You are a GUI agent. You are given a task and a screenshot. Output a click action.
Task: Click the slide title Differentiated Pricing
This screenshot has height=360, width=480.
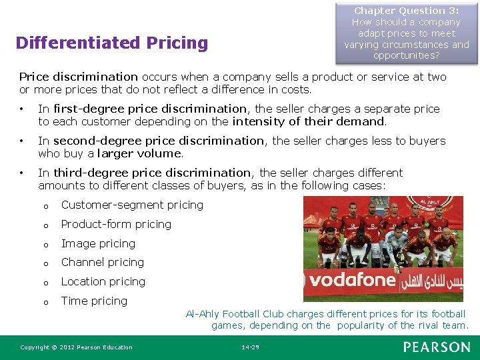coord(111,43)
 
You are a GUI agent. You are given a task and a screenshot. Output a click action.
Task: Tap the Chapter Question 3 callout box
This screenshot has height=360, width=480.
coord(406,33)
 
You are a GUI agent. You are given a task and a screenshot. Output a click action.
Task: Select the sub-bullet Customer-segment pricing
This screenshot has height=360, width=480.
coord(132,205)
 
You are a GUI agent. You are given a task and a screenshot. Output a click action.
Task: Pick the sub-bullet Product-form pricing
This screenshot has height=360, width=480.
coord(116,224)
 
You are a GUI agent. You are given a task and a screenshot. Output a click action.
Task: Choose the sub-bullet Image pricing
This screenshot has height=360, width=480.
coord(98,243)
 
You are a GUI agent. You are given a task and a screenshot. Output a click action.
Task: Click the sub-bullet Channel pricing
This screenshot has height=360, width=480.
coord(102,262)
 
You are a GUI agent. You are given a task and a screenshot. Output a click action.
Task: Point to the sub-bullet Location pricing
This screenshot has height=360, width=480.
coord(103,281)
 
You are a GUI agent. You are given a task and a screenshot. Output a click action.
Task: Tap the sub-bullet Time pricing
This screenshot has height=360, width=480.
coord(94,301)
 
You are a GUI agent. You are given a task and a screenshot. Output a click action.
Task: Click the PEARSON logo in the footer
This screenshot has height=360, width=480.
coord(437,347)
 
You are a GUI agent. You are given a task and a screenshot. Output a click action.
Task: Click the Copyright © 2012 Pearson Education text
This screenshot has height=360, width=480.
coord(76,347)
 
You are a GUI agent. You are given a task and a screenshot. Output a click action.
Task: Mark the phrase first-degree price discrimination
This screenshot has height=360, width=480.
coord(150,109)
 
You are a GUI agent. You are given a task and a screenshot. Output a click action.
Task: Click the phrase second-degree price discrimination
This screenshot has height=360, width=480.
coord(159,141)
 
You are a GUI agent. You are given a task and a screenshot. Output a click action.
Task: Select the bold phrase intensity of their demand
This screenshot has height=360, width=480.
coord(309,121)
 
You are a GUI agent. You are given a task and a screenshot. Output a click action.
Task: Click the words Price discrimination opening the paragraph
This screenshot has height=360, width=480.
coord(79,77)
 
